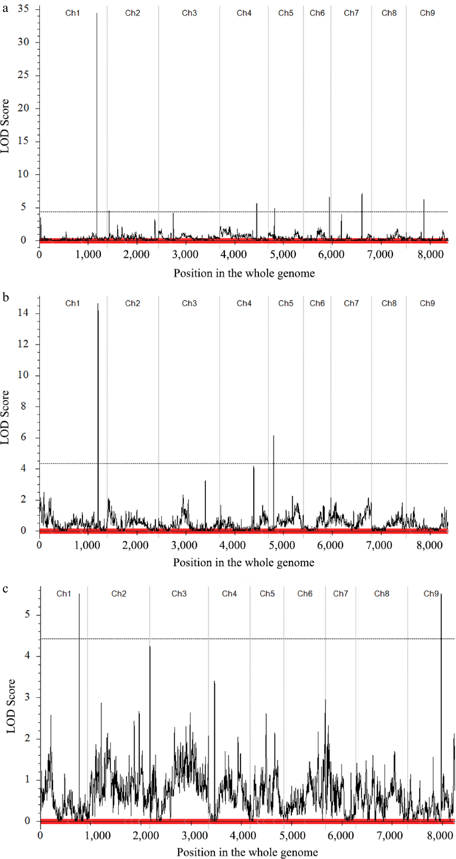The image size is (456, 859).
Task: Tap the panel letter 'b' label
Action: pos(5,297)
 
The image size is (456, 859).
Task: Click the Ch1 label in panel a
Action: pos(72,13)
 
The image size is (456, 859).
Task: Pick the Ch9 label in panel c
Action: pos(431,594)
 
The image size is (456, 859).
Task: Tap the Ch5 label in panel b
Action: pos(286,303)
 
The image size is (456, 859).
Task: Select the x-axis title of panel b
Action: pos(244,563)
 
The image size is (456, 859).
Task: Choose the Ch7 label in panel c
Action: pos(340,594)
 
